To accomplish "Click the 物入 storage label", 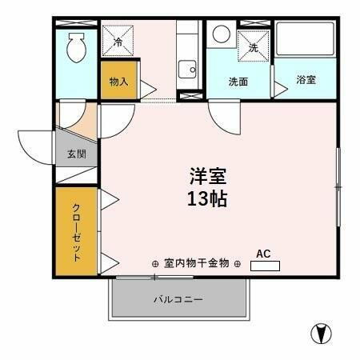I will [118, 82].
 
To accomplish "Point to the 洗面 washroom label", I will [238, 82].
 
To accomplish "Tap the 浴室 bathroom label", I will [306, 81].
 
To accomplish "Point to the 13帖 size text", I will [207, 198].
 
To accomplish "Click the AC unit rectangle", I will [265, 265].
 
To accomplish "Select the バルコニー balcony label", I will [178, 300].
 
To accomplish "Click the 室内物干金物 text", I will [196, 262].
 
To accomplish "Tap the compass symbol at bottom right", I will [321, 333].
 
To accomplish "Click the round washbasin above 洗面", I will [222, 36].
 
